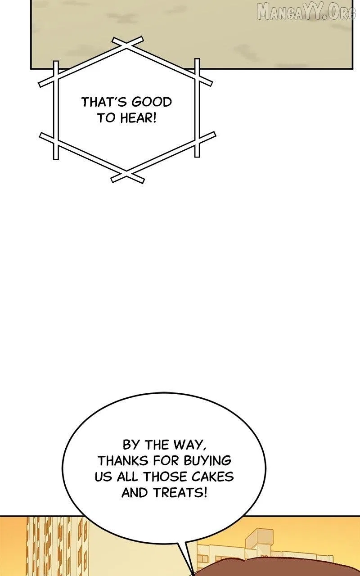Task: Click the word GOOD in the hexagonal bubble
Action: (x=151, y=102)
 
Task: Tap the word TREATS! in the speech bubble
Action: (x=180, y=493)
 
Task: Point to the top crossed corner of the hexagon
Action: (x=126, y=44)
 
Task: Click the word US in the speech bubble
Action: (x=103, y=477)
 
